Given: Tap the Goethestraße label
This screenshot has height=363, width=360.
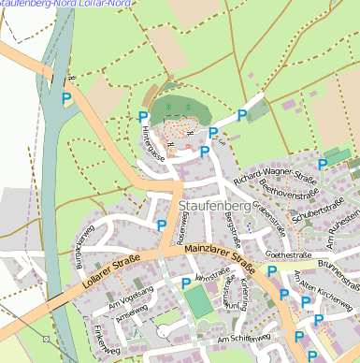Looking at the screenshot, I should (288, 254).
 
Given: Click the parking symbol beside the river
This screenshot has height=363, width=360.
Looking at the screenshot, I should (65, 97).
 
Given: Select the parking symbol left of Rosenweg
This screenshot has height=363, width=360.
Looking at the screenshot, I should (162, 225).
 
